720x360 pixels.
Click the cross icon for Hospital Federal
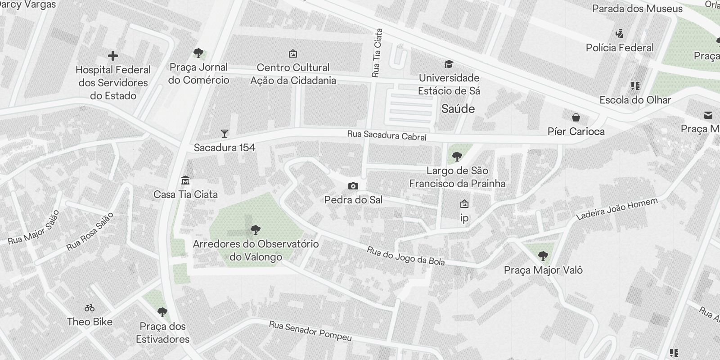point(113,56)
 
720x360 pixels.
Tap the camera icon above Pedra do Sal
point(353,186)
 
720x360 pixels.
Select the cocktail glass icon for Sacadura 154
point(225,133)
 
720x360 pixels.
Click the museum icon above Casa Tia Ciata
point(185,180)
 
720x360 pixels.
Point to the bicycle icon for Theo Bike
point(90,308)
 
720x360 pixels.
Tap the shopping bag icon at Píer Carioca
point(576,117)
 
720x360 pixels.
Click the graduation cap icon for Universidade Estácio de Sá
point(448,64)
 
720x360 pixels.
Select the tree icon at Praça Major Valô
point(543,256)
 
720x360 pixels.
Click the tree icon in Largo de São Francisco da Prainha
point(457,157)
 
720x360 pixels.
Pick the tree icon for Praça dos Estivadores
point(162,312)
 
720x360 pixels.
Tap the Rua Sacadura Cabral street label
point(387,135)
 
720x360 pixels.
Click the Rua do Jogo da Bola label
point(405,256)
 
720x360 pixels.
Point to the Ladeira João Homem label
point(616,209)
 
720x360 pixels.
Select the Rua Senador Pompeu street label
point(310,331)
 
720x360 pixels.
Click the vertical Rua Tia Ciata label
point(377,53)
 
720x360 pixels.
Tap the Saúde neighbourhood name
point(458,108)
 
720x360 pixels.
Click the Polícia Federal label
point(620,48)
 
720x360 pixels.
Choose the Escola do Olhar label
point(635,100)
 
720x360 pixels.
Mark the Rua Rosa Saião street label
point(90,231)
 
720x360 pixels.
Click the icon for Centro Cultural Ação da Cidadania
point(293,54)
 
